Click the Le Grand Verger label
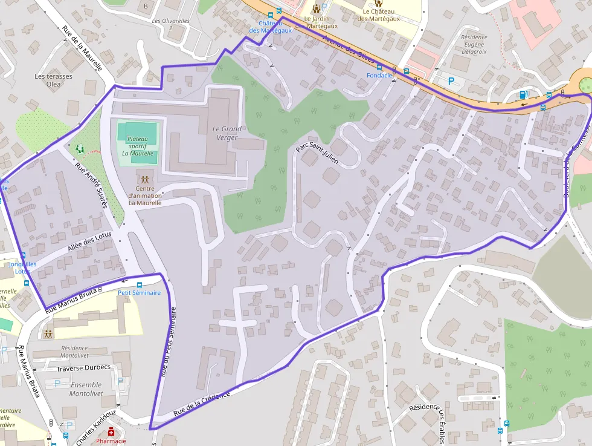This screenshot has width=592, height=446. point(227,133)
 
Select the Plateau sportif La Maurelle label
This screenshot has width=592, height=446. point(138,146)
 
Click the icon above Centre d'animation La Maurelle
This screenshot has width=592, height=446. point(145,179)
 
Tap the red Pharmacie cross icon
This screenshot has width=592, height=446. point(111,432)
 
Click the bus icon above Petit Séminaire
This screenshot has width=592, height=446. point(140,284)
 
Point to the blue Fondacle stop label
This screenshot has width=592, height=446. point(379,75)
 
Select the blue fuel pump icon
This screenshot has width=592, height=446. point(523,94)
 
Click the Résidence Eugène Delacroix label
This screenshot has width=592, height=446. point(474,44)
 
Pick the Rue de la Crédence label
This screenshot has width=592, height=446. point(202,404)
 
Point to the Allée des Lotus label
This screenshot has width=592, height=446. point(91,243)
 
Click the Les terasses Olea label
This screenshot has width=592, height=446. point(54,80)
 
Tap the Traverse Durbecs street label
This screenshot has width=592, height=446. point(83,367)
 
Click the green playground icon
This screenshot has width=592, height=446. point(80,148)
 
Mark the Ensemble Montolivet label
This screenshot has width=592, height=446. point(86,389)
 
